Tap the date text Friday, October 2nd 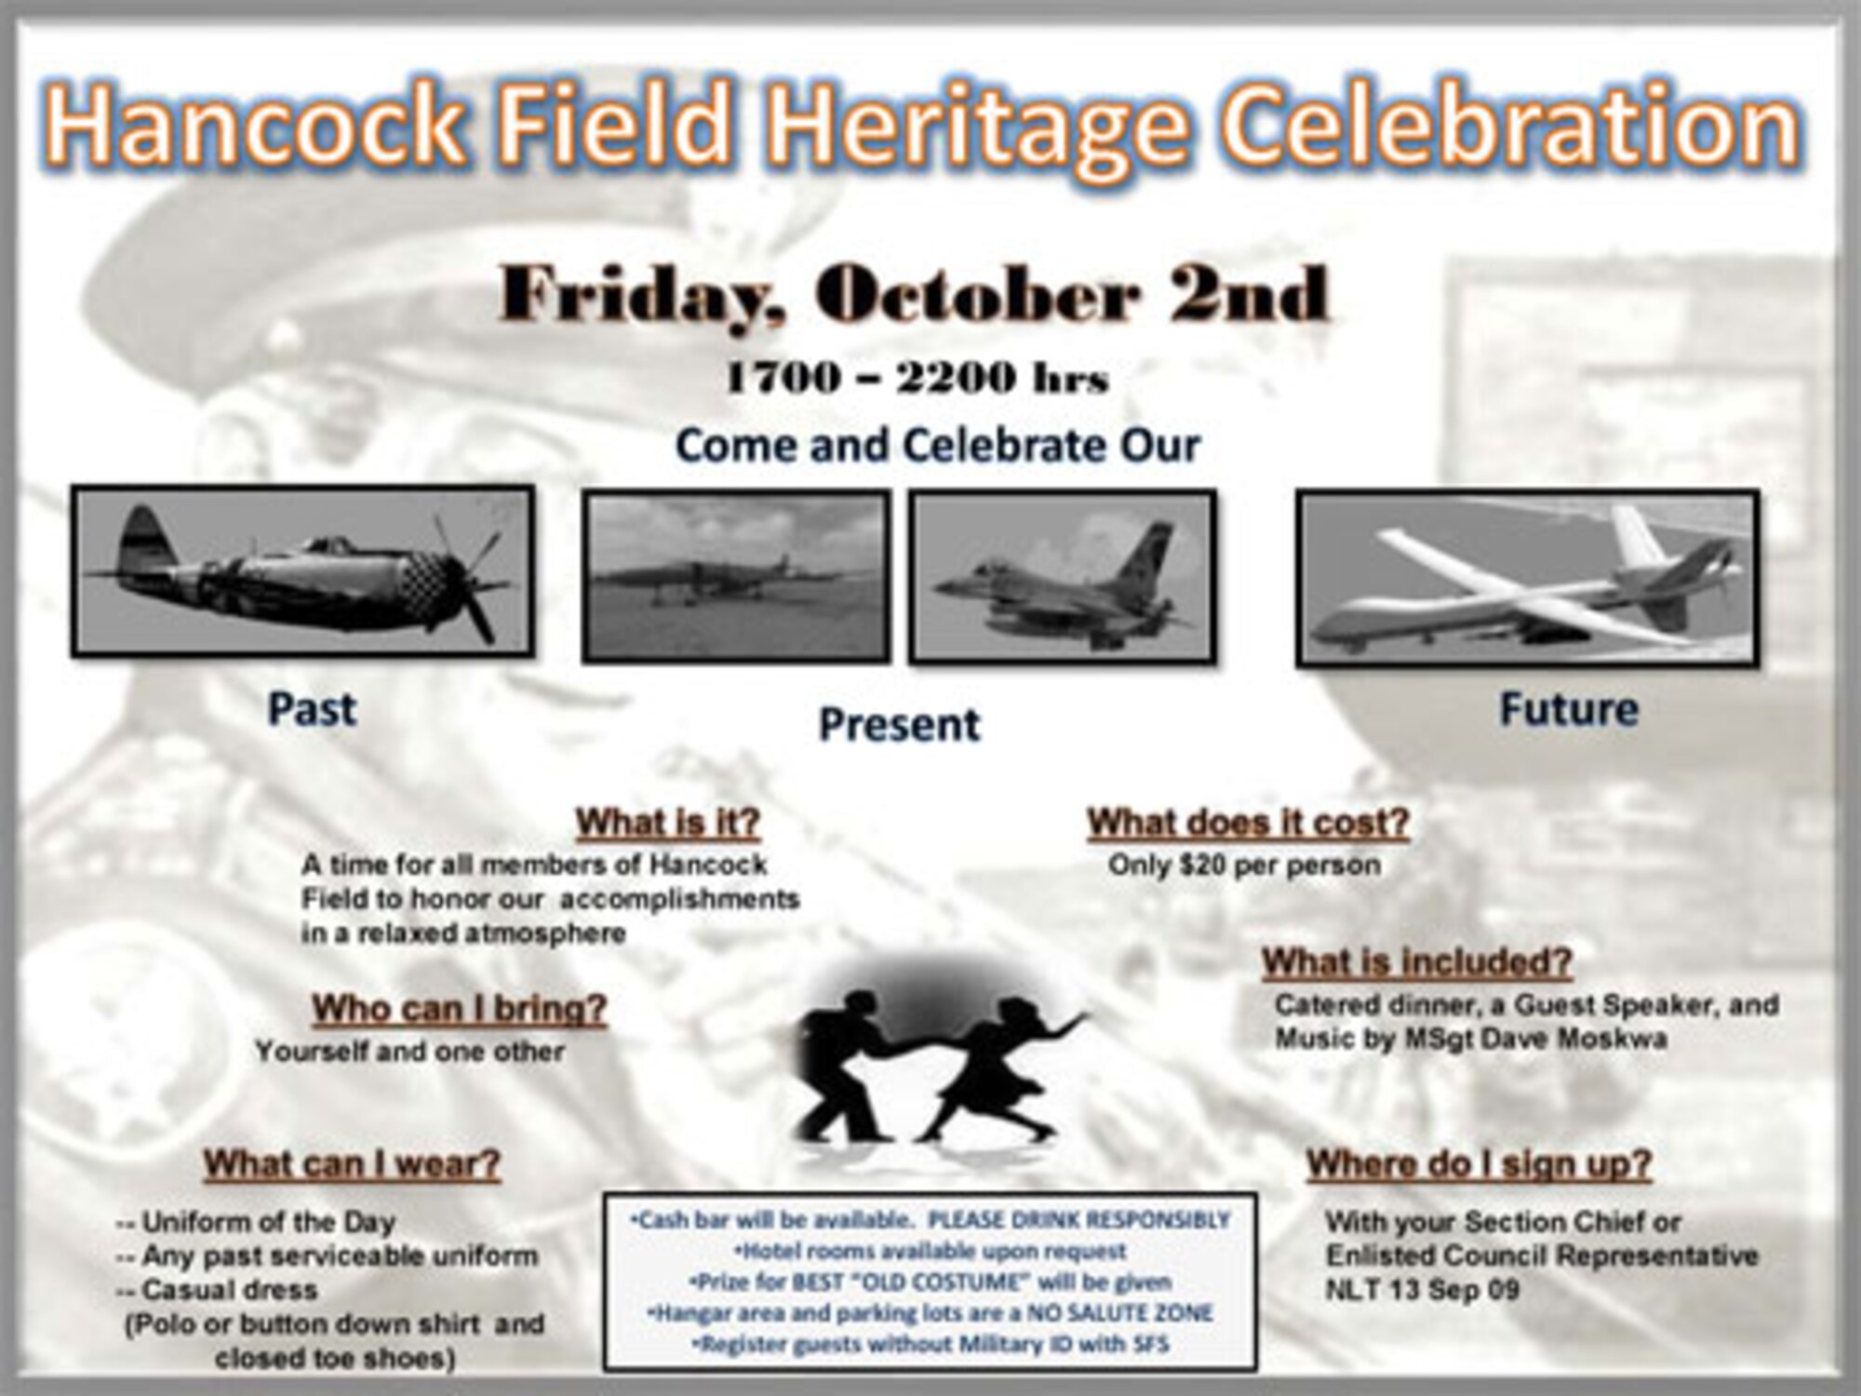click(x=915, y=295)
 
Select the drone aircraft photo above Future click(x=1527, y=578)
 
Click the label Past click(x=312, y=709)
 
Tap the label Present click(x=899, y=725)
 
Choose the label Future click(x=1569, y=709)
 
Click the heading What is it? click(x=668, y=822)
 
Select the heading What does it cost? click(x=1249, y=822)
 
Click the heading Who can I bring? click(x=459, y=1008)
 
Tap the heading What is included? click(x=1416, y=961)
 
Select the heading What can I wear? click(x=352, y=1163)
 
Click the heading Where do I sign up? click(x=1479, y=1163)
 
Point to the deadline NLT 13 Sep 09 click(x=1422, y=1290)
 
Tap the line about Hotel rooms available click(x=930, y=1251)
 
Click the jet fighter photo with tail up click(x=1063, y=577)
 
